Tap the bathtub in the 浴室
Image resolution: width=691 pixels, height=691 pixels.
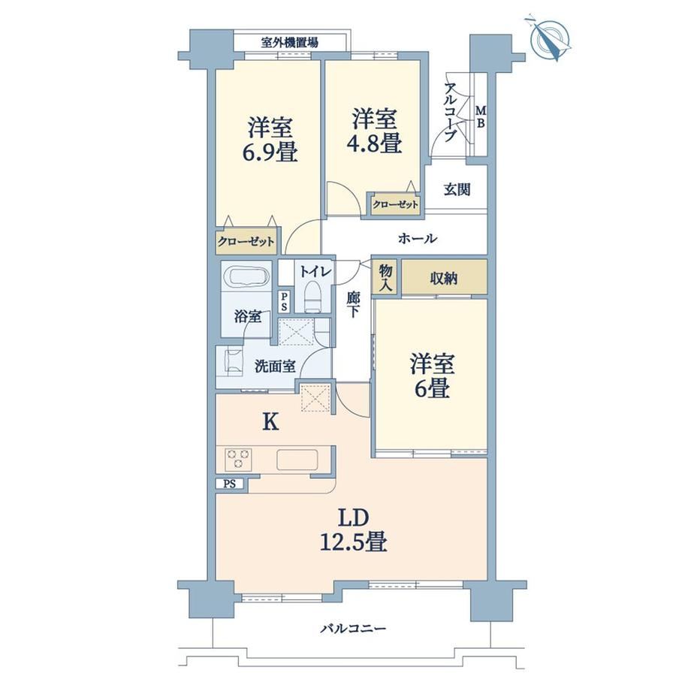click(x=247, y=276)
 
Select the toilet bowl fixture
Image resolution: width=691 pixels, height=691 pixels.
click(x=313, y=296)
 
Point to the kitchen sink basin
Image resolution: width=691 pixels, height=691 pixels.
click(x=297, y=460)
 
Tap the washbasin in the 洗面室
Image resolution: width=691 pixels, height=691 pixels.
click(x=234, y=361)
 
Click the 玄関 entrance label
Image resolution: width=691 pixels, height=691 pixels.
click(x=457, y=189)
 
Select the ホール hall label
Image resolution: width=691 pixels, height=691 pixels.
click(x=418, y=238)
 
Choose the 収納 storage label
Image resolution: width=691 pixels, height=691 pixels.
click(x=444, y=279)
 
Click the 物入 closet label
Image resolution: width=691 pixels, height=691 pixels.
click(x=385, y=277)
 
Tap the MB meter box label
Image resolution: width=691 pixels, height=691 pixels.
click(x=481, y=116)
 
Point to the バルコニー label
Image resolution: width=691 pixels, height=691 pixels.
click(x=353, y=628)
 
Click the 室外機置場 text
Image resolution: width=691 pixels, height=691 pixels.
click(x=289, y=43)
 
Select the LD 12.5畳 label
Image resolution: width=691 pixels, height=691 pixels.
click(x=353, y=530)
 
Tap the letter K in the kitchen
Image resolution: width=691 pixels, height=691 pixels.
click(x=270, y=423)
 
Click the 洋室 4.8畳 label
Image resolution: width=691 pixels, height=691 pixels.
click(x=374, y=131)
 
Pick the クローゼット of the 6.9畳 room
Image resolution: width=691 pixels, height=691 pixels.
click(x=246, y=242)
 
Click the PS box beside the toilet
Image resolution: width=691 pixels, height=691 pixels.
click(x=284, y=301)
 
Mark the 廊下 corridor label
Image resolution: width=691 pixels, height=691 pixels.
click(x=352, y=304)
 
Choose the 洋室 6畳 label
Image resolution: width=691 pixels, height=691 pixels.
click(x=432, y=376)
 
